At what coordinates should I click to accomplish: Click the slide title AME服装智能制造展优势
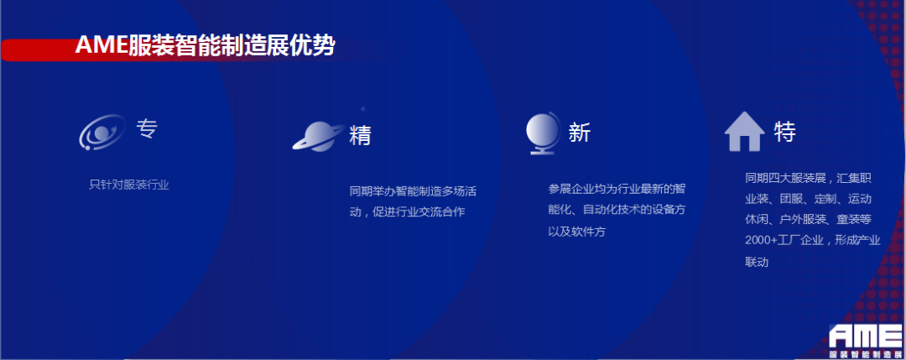[205, 45]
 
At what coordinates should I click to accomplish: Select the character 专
[147, 129]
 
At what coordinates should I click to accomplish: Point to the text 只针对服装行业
[129, 185]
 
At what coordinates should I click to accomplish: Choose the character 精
[360, 135]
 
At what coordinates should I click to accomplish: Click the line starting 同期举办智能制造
[413, 191]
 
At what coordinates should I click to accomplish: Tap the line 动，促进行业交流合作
[407, 212]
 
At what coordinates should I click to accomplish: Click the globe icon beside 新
[542, 133]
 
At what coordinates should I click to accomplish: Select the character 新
[579, 133]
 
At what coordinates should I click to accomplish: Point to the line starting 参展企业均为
[617, 188]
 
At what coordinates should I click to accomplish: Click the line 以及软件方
[576, 231]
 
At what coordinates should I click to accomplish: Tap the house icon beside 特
[744, 133]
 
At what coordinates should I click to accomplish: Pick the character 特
[784, 133]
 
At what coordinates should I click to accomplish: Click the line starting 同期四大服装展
[809, 178]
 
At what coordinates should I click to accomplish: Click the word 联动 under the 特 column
[756, 262]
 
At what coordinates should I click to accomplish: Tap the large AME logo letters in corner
[864, 335]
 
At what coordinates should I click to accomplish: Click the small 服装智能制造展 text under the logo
[864, 352]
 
